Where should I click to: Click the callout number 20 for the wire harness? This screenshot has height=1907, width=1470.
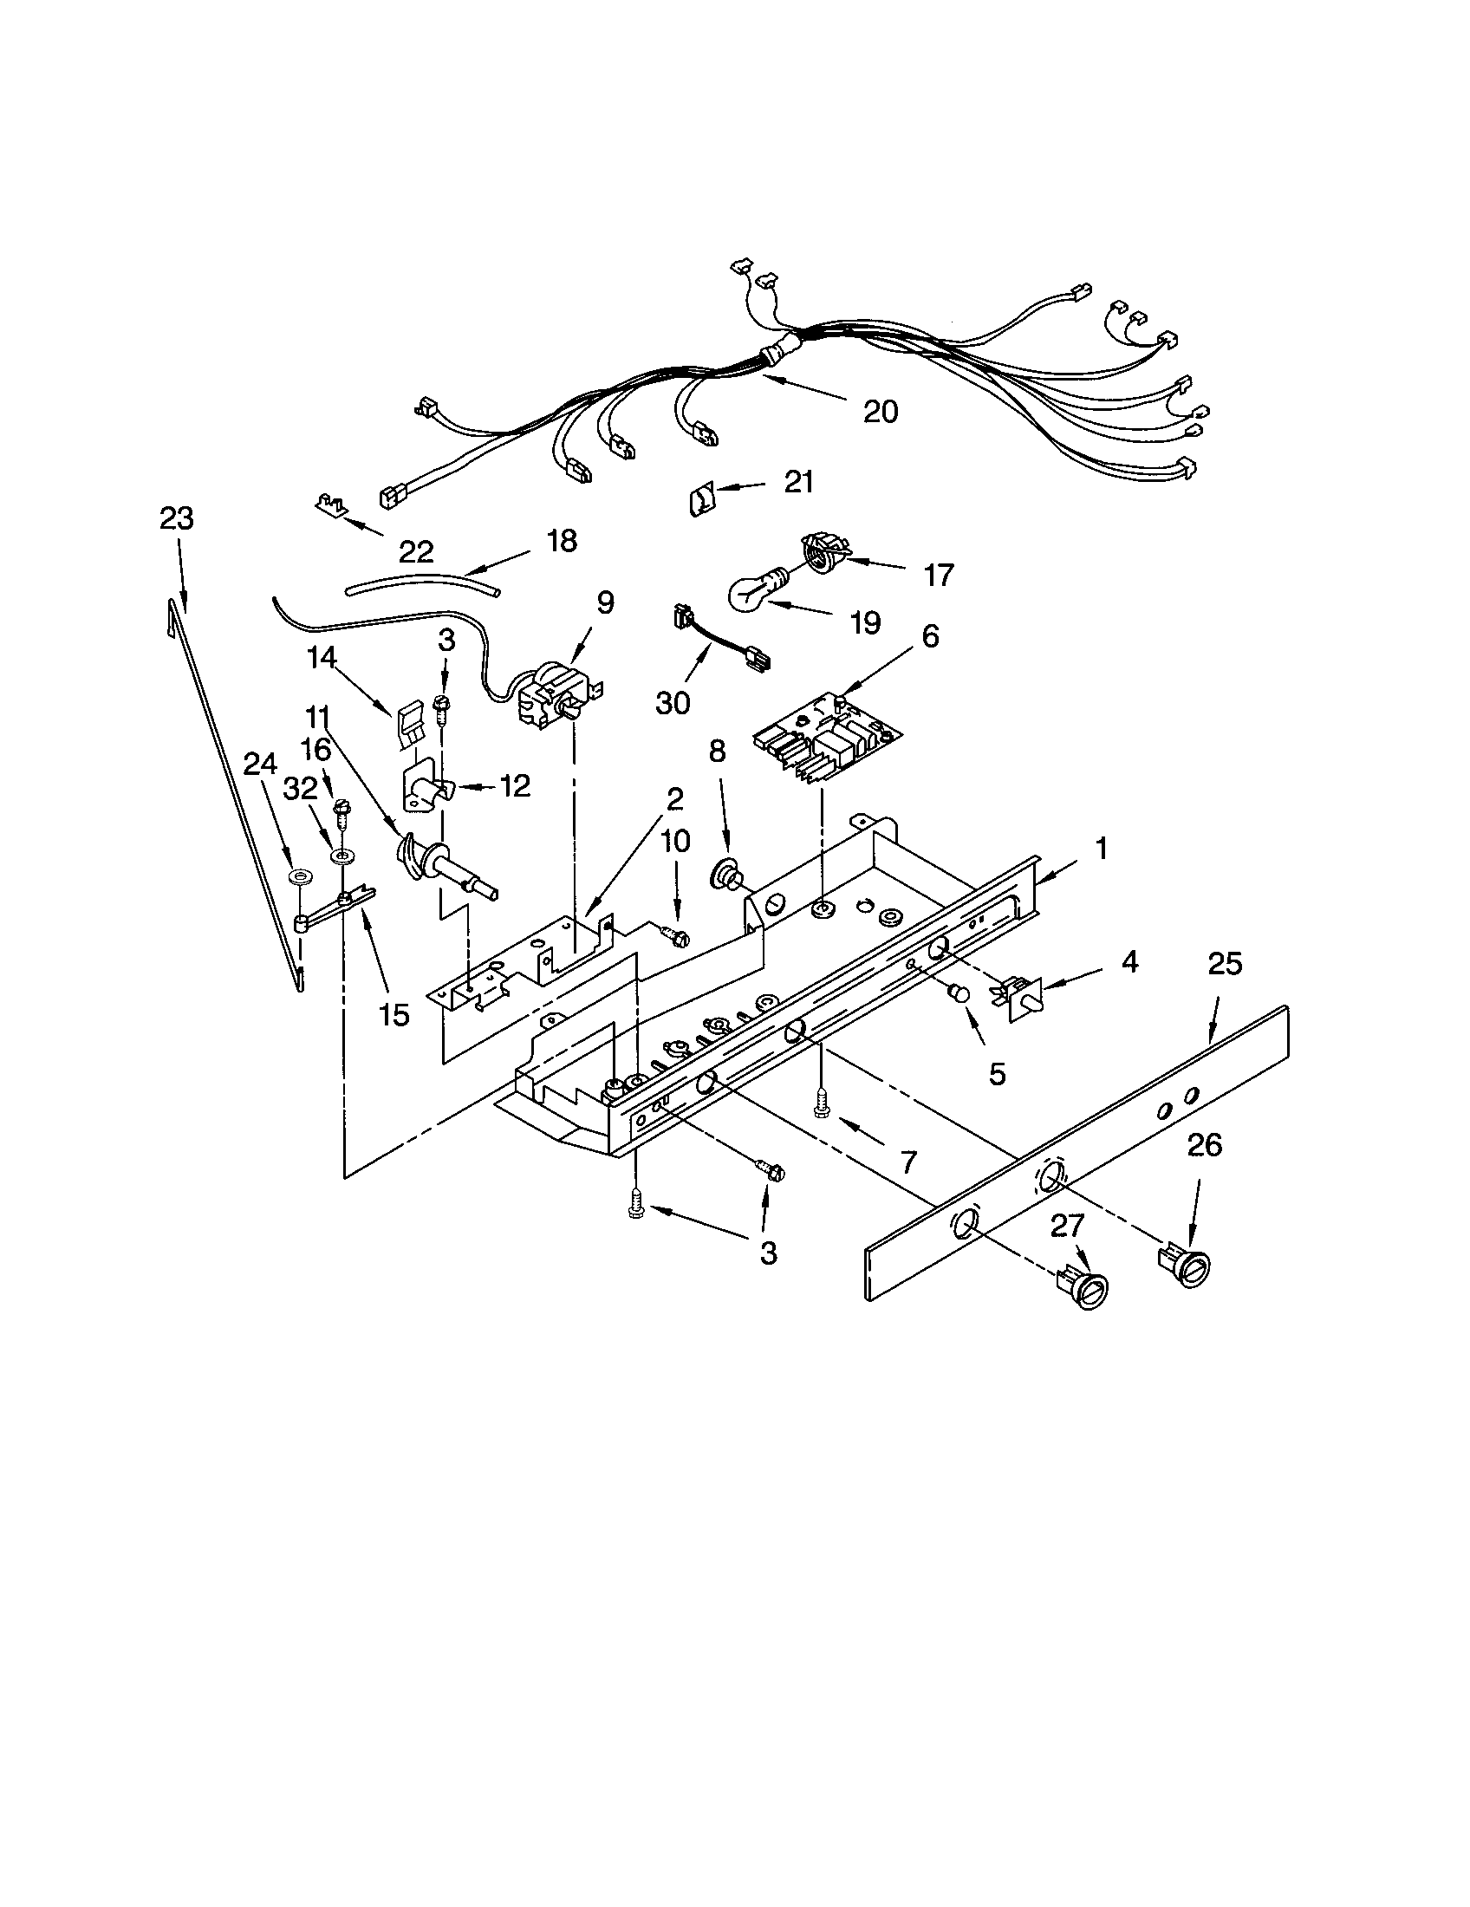point(880,411)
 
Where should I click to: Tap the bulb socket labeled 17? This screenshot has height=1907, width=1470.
point(823,555)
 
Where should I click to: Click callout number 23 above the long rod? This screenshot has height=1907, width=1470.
point(176,518)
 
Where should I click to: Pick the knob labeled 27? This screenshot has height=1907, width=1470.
point(1087,1292)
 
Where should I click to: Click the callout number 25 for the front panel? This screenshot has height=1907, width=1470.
point(1224,964)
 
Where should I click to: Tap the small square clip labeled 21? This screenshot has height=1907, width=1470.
point(699,502)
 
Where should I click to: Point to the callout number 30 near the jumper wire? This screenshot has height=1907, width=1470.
point(672,702)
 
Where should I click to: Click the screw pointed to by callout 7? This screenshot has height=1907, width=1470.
point(822,1103)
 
